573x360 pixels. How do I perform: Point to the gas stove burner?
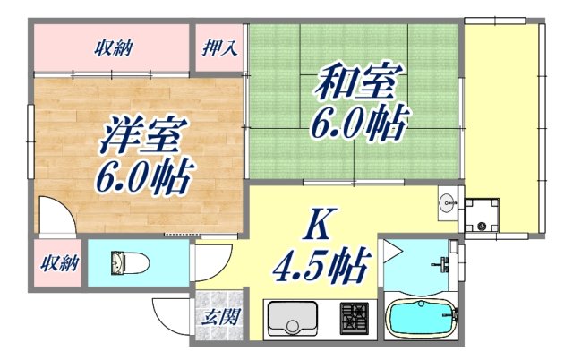click(x=354, y=318)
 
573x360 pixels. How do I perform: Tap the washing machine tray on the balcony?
click(x=483, y=214)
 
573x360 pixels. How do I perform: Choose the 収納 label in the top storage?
click(x=113, y=47)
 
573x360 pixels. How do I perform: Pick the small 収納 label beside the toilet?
click(x=59, y=263)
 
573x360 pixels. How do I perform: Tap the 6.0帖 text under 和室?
click(x=358, y=123)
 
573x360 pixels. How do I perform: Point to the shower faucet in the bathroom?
click(x=440, y=263)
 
